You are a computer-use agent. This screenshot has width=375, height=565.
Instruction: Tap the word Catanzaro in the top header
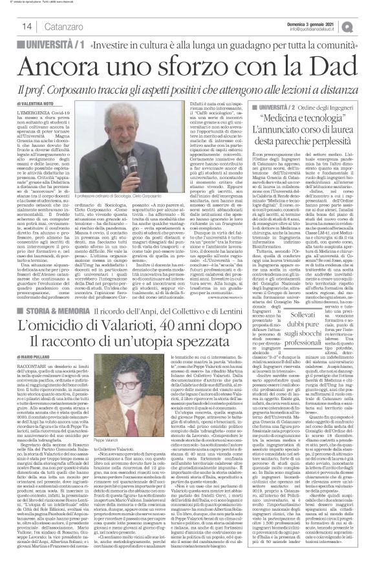tap(47, 26)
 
